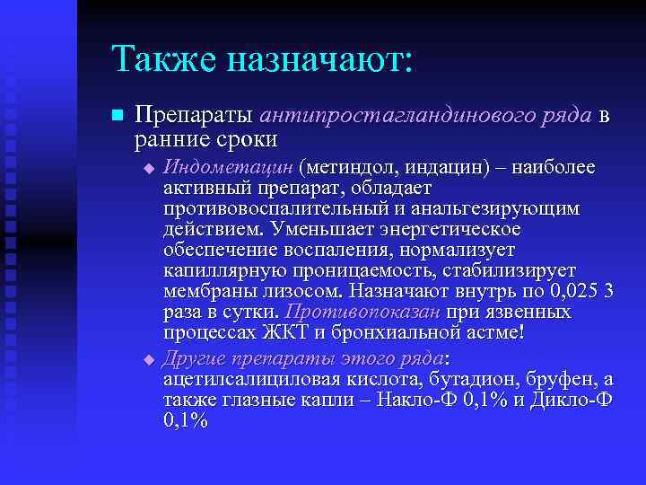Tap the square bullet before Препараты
click(x=113, y=117)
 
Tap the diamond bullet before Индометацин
click(x=150, y=169)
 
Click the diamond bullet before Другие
click(x=150, y=359)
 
